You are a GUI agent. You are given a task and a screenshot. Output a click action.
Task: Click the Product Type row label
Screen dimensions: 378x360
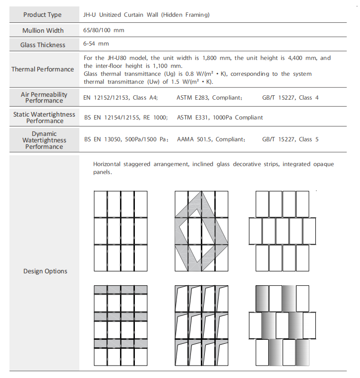(x=43, y=15)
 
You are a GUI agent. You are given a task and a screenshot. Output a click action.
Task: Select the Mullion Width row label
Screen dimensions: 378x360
(x=43, y=30)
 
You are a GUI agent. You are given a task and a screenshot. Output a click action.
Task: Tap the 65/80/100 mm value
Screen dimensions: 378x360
(x=104, y=30)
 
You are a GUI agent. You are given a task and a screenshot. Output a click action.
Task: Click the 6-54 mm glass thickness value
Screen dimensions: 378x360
(x=96, y=44)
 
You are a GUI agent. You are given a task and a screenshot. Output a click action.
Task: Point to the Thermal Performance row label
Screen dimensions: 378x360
(x=43, y=69)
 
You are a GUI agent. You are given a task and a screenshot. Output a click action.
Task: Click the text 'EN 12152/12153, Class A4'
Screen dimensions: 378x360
(x=120, y=98)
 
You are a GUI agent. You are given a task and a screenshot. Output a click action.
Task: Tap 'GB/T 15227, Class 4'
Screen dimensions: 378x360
(x=290, y=98)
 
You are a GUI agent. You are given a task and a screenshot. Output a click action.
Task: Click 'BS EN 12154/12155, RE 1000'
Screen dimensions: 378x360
(x=126, y=118)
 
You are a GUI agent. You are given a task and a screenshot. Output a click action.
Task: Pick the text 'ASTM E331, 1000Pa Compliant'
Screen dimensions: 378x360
(x=220, y=118)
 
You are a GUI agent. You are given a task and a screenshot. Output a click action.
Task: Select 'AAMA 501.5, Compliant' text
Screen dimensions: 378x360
(x=211, y=139)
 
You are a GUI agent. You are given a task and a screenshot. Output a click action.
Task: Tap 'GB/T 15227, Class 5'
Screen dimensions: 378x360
(x=290, y=139)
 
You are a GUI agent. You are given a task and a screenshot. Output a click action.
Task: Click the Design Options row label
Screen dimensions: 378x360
(x=45, y=271)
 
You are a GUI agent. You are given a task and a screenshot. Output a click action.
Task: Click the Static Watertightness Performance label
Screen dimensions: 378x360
(x=45, y=118)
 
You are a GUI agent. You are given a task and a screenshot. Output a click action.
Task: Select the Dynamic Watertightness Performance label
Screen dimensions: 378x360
(x=44, y=140)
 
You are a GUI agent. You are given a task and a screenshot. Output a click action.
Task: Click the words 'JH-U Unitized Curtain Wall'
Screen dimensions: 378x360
(x=122, y=15)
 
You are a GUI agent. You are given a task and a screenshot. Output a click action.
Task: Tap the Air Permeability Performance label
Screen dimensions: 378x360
(x=44, y=97)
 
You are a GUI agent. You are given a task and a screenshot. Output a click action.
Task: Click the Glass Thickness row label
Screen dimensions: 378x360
(x=43, y=45)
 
